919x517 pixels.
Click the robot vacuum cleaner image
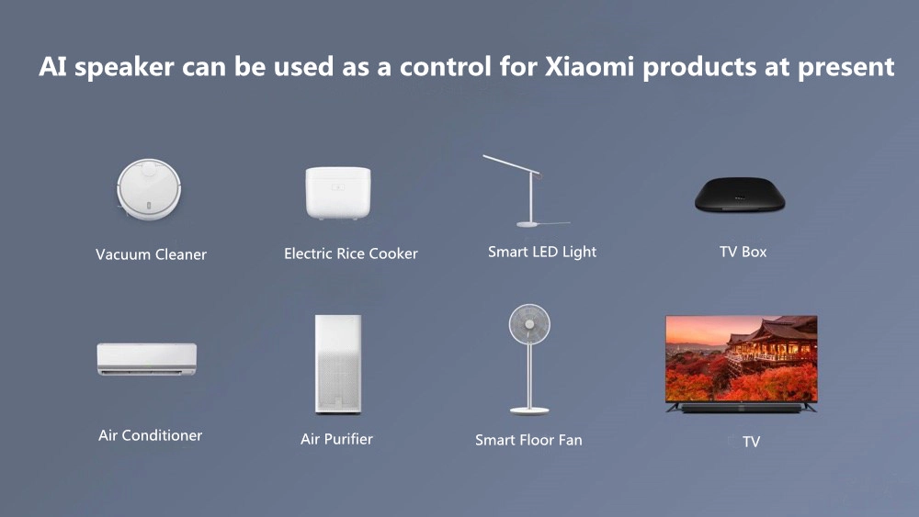pos(151,189)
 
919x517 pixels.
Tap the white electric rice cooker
pos(337,193)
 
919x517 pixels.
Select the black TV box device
pos(740,194)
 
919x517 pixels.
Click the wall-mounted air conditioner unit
pos(147,358)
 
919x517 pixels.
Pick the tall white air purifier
pos(337,364)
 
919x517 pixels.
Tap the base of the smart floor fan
pos(529,410)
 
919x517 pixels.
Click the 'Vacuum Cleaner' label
pos(151,254)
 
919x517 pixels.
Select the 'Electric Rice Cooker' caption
pos(350,253)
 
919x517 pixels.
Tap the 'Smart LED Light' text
pos(542,252)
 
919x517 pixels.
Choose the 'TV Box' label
pos(743,252)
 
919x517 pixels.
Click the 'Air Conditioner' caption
pos(150,435)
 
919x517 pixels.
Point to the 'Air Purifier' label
pos(336,439)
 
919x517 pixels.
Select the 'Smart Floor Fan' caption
pos(528,440)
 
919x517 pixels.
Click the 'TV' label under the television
pos(751,442)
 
